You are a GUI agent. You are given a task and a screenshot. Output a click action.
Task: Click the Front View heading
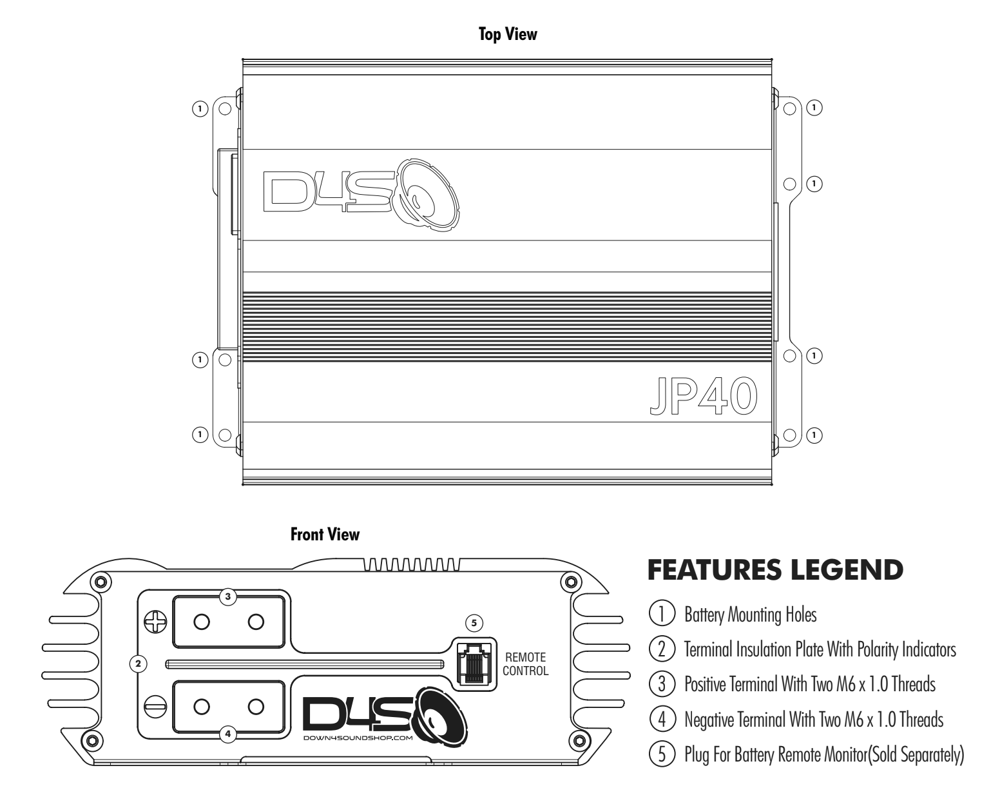(325, 535)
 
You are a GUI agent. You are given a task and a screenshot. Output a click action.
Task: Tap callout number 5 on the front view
(474, 623)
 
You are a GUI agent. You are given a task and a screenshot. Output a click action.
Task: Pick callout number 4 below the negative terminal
(226, 733)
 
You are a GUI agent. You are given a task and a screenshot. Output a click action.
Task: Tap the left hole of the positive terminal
(201, 622)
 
